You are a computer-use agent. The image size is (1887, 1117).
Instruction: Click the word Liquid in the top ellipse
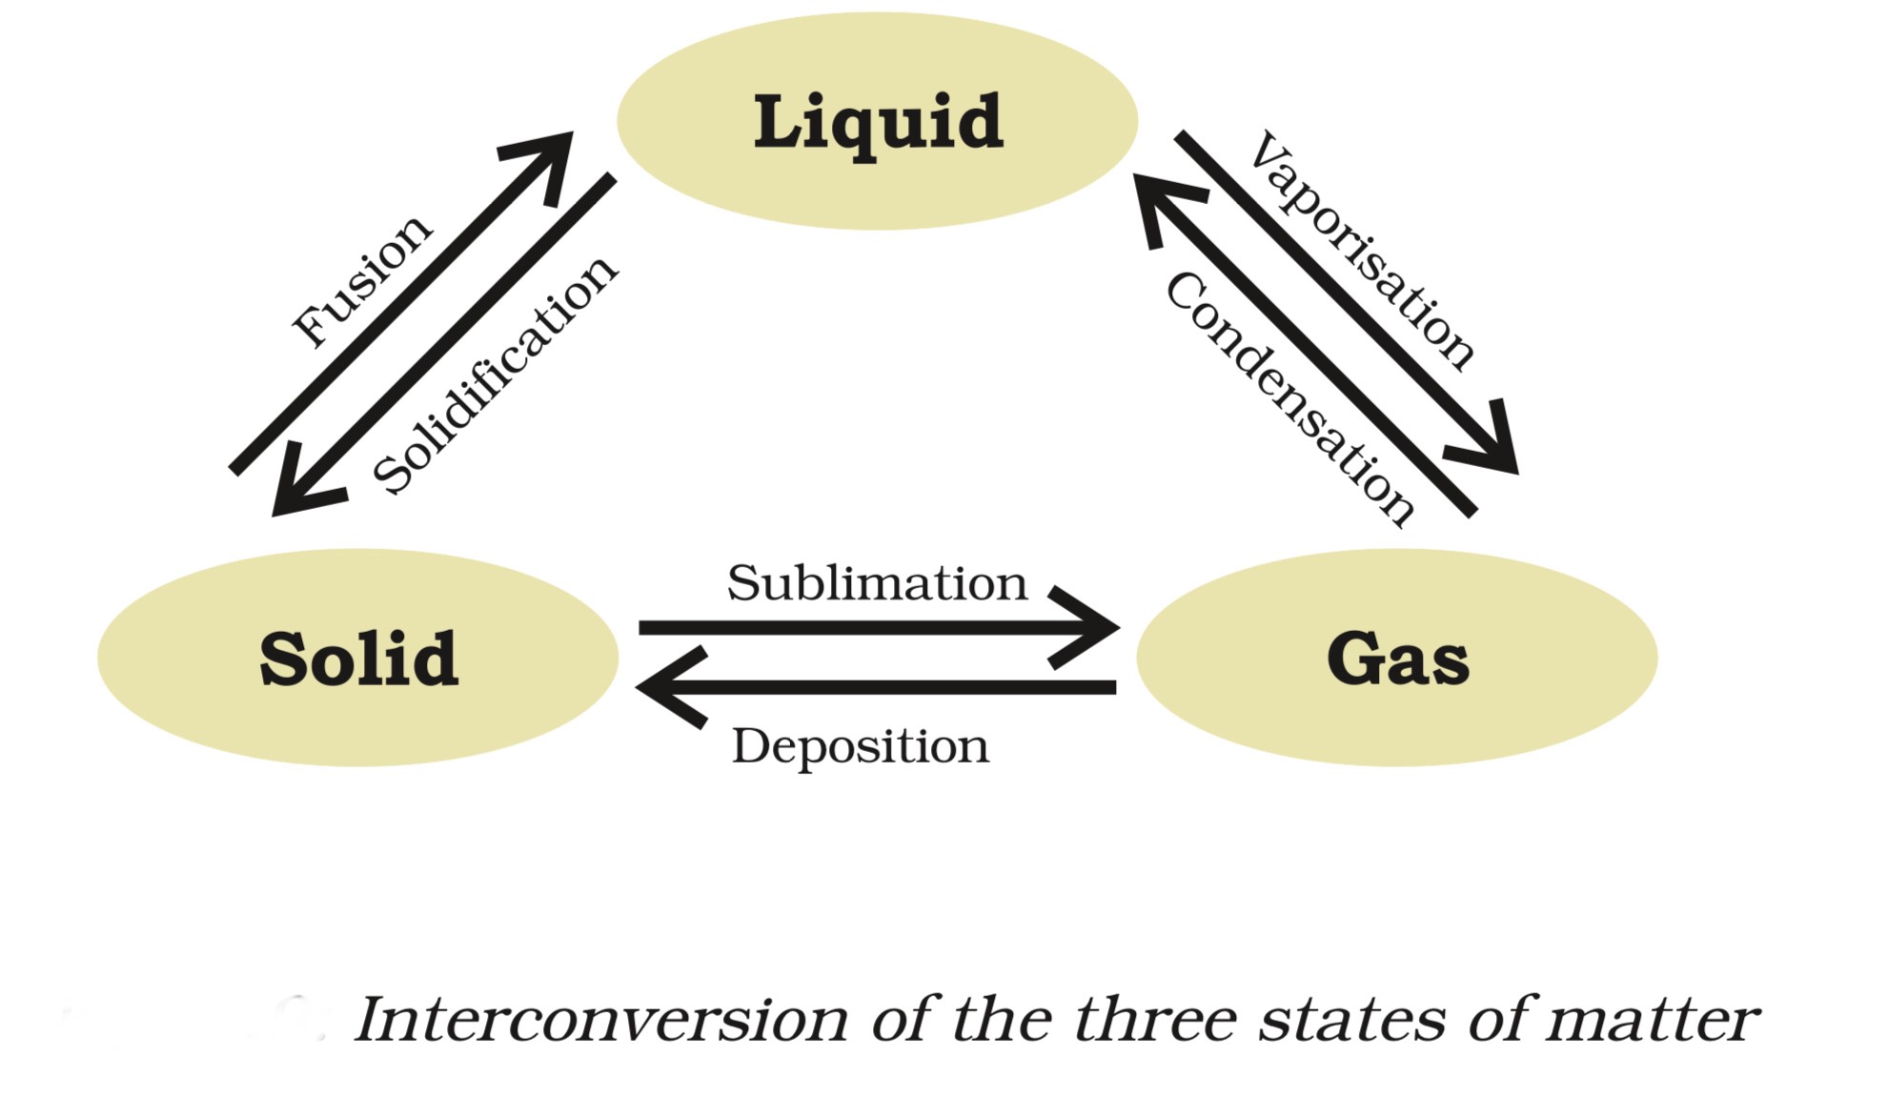[878, 122]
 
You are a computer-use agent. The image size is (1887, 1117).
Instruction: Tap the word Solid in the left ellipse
[358, 659]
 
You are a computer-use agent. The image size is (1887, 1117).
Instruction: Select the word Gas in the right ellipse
[1397, 659]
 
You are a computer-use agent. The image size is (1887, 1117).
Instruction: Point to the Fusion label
[361, 281]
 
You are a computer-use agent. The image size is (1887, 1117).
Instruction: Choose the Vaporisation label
[1364, 250]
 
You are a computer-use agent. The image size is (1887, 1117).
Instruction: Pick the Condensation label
[1289, 398]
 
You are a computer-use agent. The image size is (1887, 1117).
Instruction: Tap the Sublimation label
[877, 582]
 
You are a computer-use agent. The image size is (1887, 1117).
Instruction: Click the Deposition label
[860, 746]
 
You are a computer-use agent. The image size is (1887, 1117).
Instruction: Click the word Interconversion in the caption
[600, 1020]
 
